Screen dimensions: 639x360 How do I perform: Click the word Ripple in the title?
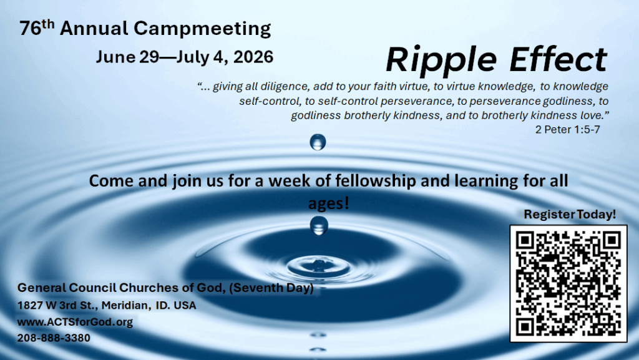click(441, 61)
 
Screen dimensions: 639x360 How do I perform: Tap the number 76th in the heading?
click(37, 27)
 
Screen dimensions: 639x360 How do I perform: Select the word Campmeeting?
click(202, 29)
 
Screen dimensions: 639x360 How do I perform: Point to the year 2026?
click(253, 57)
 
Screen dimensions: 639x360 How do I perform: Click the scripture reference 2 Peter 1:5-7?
click(567, 130)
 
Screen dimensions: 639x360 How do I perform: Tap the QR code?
click(568, 283)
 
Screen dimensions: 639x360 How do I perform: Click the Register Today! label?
click(569, 214)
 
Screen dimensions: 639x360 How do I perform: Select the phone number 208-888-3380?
click(54, 338)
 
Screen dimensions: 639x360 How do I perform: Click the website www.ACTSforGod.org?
click(75, 322)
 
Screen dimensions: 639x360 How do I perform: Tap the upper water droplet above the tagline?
click(318, 142)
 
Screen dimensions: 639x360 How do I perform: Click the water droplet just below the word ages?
click(319, 225)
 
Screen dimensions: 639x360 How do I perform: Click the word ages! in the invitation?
click(328, 203)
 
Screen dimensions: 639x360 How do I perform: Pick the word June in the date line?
click(115, 57)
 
